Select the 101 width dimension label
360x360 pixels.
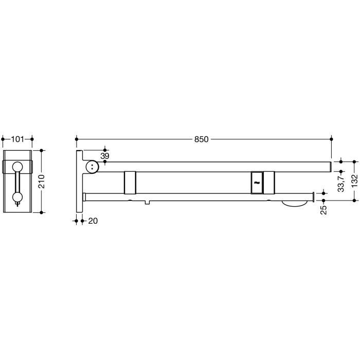point(17,139)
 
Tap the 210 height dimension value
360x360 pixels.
point(42,181)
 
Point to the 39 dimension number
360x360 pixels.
point(104,155)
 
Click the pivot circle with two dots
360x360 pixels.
point(92,166)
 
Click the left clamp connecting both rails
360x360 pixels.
point(130,182)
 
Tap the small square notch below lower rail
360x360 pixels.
point(148,201)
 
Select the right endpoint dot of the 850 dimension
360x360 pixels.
point(331,139)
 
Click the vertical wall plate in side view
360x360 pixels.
point(79,181)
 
